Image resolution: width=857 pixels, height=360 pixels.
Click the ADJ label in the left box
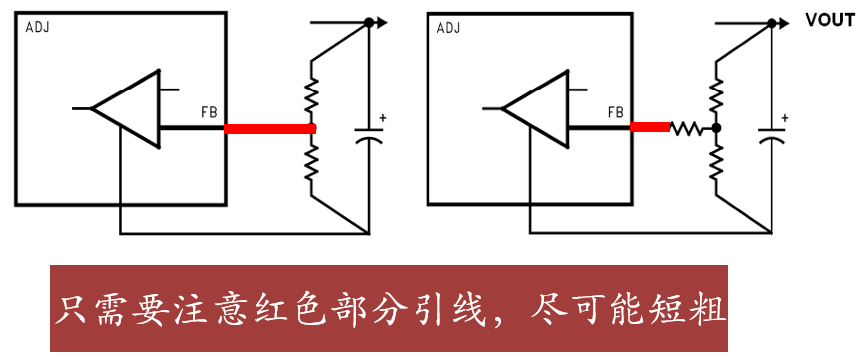37,27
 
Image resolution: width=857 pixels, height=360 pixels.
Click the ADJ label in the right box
449,27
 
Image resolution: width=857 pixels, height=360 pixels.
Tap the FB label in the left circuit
210,111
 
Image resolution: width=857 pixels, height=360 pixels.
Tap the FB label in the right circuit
616,111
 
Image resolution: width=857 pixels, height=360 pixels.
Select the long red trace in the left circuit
269,128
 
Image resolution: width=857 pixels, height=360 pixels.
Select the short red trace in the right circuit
649,127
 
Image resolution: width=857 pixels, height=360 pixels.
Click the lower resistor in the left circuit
312,159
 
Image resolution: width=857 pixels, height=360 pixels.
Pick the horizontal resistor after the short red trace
687,128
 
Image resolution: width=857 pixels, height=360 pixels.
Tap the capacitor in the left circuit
368,134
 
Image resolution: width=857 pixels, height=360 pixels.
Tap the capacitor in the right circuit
771,134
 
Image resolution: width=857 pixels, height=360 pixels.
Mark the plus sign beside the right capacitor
785,118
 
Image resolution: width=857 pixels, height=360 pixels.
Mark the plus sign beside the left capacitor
382,118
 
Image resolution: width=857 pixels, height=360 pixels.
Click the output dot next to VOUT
772,21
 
